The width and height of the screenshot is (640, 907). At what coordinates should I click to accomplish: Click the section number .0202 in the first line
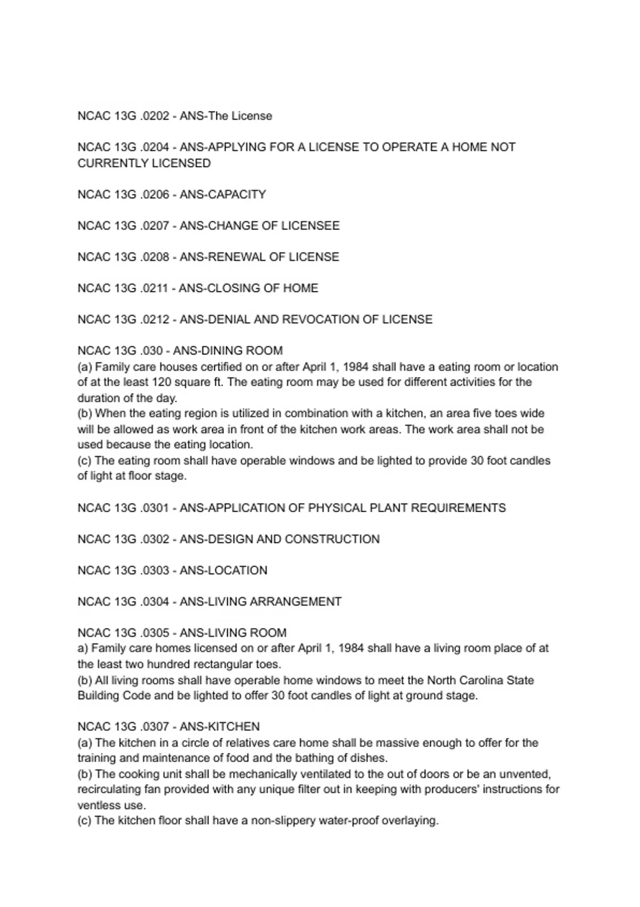point(154,116)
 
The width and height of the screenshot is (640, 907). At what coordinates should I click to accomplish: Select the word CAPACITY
point(236,195)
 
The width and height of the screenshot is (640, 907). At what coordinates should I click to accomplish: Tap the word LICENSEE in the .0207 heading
point(310,226)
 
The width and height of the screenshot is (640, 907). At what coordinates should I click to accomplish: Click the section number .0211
point(154,289)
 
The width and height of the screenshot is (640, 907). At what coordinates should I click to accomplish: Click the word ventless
point(95,806)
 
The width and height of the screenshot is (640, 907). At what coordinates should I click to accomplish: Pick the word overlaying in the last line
point(410,821)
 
